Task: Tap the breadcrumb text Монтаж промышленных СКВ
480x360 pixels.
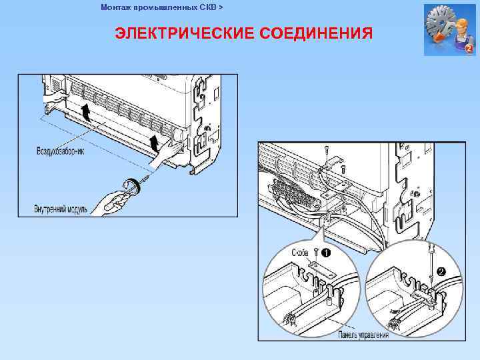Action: (x=158, y=7)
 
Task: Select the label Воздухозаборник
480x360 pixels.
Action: (x=60, y=152)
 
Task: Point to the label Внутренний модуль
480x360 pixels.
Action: (x=61, y=209)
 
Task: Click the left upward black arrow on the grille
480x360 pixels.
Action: (x=84, y=111)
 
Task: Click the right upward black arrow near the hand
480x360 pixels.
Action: (x=155, y=142)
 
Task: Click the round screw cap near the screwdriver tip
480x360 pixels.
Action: (x=131, y=185)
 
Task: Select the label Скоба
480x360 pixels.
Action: (x=299, y=253)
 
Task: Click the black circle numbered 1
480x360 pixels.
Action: (x=325, y=253)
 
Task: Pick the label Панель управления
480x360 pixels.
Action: (x=363, y=334)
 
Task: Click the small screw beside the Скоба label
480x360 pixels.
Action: (x=313, y=253)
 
